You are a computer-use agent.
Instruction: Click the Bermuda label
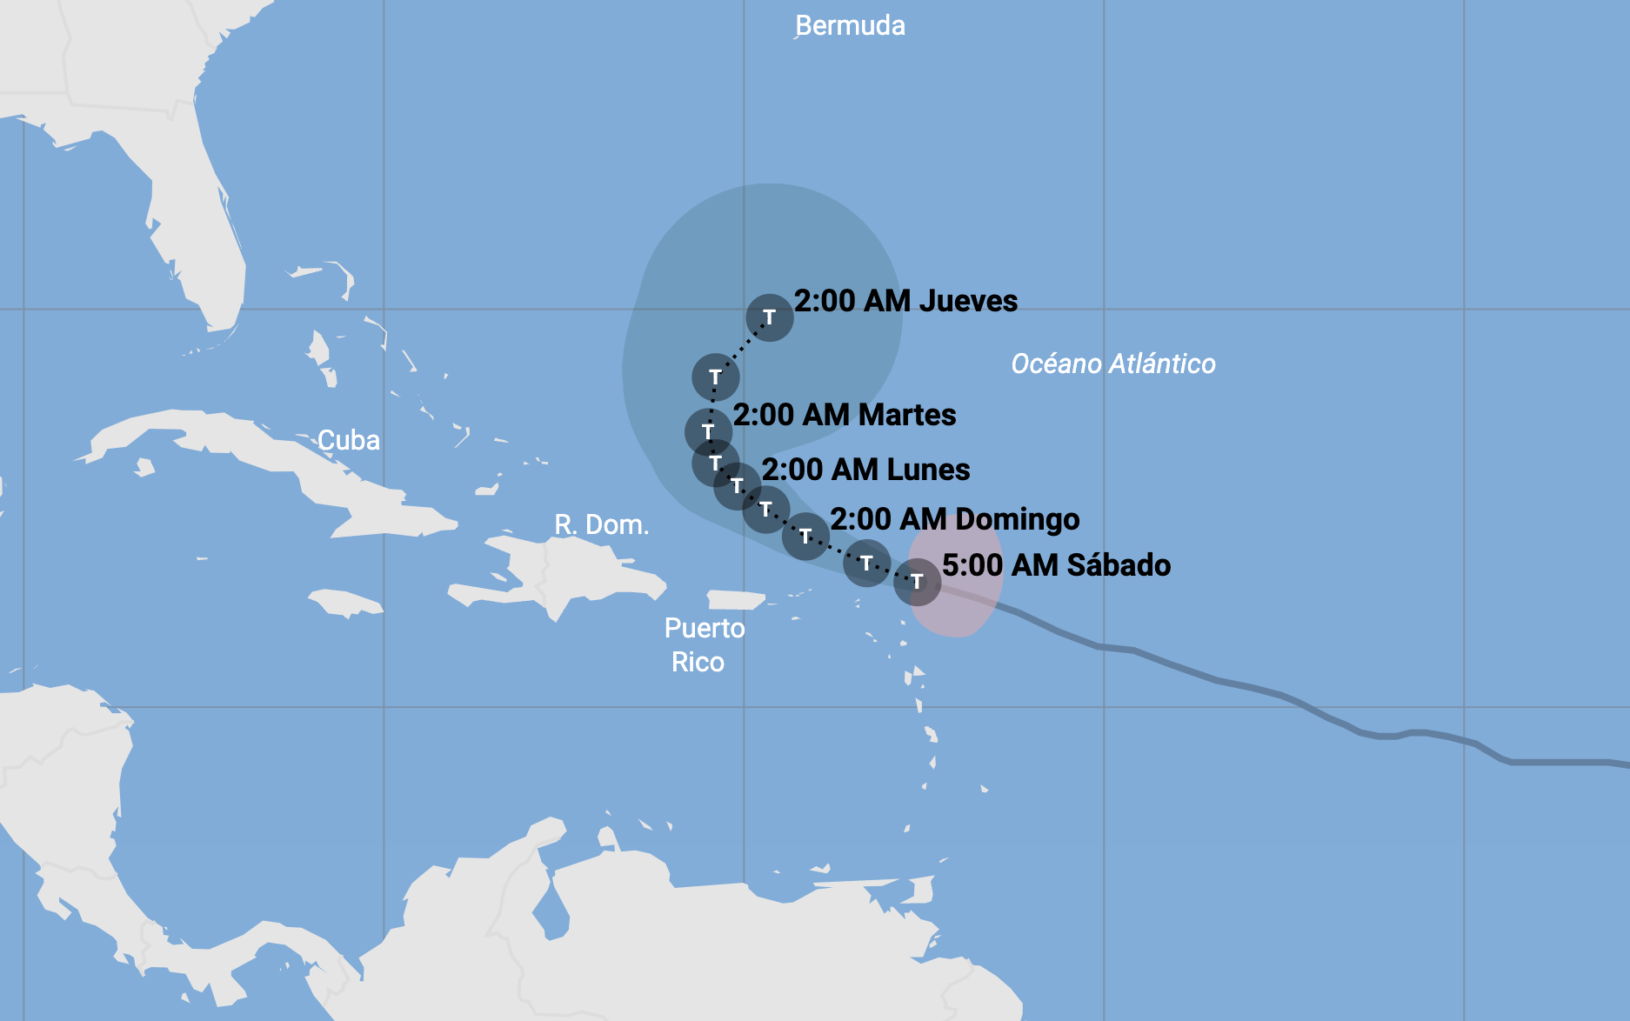tap(850, 26)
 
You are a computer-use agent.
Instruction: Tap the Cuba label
tap(348, 440)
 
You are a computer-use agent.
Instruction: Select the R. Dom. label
tap(601, 524)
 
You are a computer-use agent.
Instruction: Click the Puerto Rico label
tap(704, 644)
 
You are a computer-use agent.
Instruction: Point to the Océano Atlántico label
tap(1112, 364)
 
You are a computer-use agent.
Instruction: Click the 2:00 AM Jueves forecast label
tap(905, 301)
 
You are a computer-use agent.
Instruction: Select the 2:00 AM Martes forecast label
tap(844, 415)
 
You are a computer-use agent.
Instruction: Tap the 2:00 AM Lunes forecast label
tap(865, 470)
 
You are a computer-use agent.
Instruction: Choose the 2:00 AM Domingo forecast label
tap(954, 519)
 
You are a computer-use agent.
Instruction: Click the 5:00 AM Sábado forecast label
tap(1056, 565)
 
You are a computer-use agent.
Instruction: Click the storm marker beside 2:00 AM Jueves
tap(770, 317)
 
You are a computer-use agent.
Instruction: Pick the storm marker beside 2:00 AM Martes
tap(708, 431)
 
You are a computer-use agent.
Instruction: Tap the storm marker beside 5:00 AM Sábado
tap(917, 581)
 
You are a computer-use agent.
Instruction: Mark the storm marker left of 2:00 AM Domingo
tap(805, 536)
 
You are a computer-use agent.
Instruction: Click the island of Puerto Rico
tap(735, 600)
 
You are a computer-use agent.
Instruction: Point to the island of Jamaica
tap(344, 602)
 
